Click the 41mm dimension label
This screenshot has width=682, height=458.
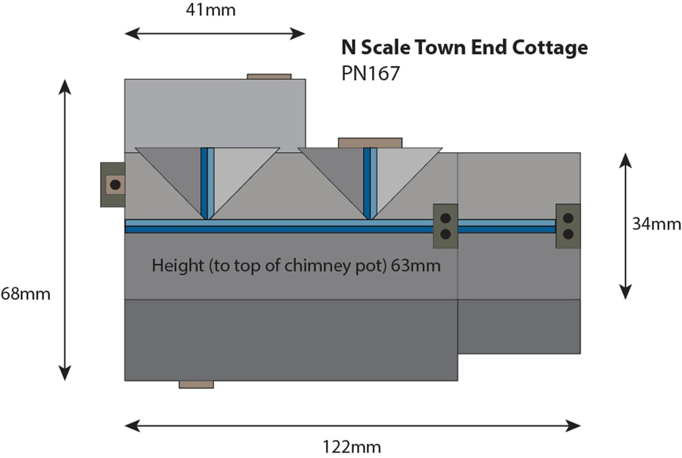[x=210, y=10]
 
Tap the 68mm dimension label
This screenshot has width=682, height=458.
[x=25, y=294]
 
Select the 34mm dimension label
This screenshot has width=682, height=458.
[x=656, y=223]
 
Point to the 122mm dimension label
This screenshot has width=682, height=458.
[x=352, y=446]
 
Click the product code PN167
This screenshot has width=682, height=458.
[x=370, y=74]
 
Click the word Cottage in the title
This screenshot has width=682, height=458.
[x=550, y=48]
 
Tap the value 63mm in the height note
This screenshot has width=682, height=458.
[x=416, y=265]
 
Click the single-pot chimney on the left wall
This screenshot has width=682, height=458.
[x=113, y=185]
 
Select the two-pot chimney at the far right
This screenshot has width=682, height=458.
[x=568, y=226]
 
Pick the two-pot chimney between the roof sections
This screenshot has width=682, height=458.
[x=445, y=226]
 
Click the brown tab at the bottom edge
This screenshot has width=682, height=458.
[x=196, y=385]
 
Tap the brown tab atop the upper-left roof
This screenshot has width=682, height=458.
[x=269, y=76]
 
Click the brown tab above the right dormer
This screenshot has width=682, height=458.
[x=370, y=143]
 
